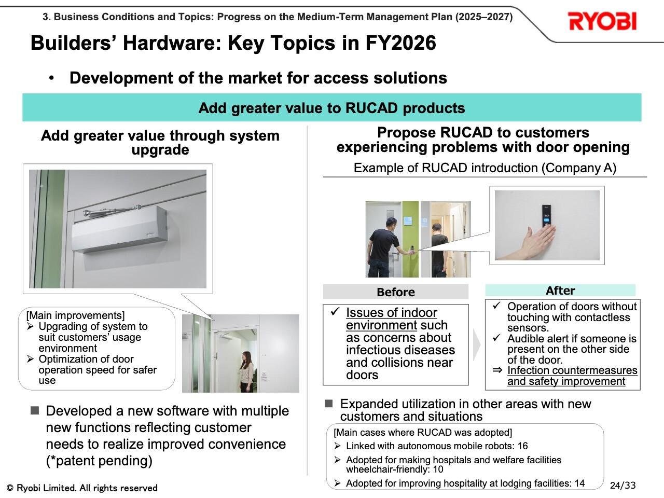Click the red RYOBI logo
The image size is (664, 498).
coord(602,21)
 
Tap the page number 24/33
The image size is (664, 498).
coord(622,486)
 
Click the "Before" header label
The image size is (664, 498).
coord(396,292)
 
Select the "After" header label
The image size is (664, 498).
coord(560,290)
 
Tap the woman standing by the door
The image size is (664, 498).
coord(247,371)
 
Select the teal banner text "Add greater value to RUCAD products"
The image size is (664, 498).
coord(331,108)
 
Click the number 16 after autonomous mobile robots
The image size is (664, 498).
coord(522,446)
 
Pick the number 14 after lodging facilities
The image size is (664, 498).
coord(579,483)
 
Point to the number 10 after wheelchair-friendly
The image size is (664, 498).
coord(438,469)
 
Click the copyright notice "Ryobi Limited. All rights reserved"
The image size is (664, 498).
coord(87,488)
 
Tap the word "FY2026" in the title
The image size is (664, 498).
coord(400,43)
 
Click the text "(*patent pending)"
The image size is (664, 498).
coord(99,461)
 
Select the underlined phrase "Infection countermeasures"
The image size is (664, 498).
coord(572,370)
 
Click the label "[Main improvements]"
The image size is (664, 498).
coord(75,315)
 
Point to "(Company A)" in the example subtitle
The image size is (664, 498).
coord(578,168)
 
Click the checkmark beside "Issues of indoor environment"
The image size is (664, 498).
coord(335,311)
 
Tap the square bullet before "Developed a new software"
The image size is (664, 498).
coord(35,410)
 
